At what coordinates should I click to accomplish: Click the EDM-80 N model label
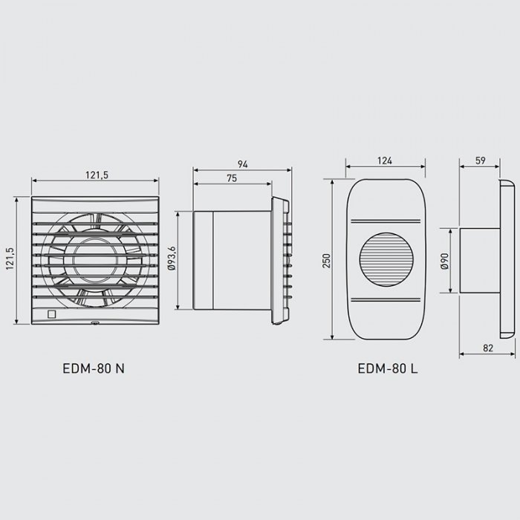[x=94, y=368]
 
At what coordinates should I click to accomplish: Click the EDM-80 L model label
[x=388, y=368]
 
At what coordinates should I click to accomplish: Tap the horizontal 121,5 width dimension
[x=97, y=175]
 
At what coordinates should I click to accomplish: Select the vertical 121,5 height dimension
[x=10, y=259]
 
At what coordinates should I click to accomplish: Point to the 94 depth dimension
[x=242, y=164]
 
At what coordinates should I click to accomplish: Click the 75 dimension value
[x=232, y=178]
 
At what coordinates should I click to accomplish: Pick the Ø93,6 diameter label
[x=172, y=259]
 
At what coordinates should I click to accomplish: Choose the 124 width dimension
[x=385, y=161]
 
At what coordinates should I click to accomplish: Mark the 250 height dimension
[x=327, y=261]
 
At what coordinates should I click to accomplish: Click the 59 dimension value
[x=481, y=160]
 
